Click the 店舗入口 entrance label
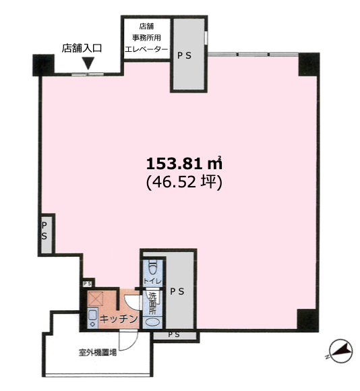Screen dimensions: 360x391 (x=82, y=48)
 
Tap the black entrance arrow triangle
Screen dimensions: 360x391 (x=88, y=63)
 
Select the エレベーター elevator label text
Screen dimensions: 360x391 (x=146, y=49)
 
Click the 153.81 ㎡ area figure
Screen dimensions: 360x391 (x=184, y=164)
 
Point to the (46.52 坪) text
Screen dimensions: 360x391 (x=184, y=182)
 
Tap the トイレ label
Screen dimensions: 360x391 (x=152, y=281)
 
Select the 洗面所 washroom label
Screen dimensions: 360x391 (x=152, y=303)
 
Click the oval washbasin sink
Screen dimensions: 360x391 (x=152, y=322)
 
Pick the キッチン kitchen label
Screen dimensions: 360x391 (x=119, y=319)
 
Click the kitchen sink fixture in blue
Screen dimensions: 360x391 (x=93, y=318)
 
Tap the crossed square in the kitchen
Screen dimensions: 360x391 (x=96, y=298)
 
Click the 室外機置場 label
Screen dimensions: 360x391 (x=98, y=353)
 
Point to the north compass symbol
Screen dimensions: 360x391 (x=340, y=351)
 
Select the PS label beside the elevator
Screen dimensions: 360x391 (x=184, y=55)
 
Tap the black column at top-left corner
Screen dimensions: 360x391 (x=43, y=65)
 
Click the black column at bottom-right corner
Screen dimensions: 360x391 (x=308, y=320)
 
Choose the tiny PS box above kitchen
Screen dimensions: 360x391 (x=87, y=284)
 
